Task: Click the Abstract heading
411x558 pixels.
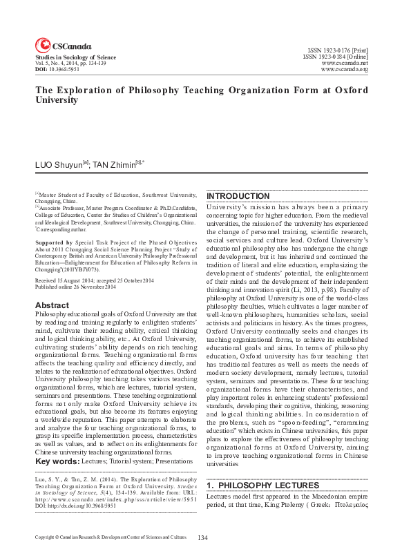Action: tap(52, 305)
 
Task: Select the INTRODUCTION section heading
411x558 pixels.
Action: tap(238, 197)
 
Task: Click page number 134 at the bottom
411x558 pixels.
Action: tap(202, 537)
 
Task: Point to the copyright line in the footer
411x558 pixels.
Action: tap(111, 537)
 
